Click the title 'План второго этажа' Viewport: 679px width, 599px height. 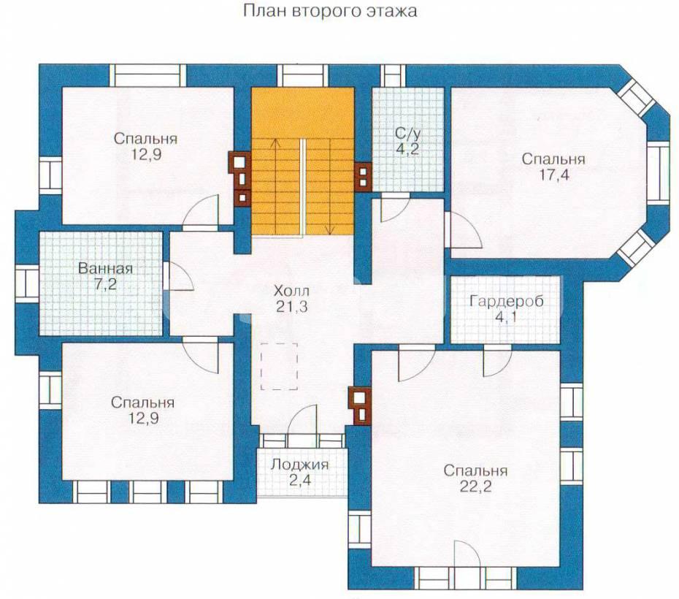[330, 11]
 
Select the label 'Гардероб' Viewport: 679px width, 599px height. [506, 301]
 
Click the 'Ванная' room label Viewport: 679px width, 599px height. [105, 269]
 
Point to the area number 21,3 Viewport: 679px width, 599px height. [292, 306]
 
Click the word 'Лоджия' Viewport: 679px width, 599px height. [299, 465]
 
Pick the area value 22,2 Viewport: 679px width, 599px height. [475, 487]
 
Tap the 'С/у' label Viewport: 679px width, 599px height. [407, 133]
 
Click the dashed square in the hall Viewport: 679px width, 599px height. [279, 367]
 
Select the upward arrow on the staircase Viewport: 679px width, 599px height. [275, 186]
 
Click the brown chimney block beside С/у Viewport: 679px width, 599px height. [363, 177]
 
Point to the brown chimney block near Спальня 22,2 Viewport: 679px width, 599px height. [360, 406]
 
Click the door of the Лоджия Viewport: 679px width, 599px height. [303, 420]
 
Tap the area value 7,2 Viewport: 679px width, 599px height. [105, 285]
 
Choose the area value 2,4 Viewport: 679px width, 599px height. [300, 481]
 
